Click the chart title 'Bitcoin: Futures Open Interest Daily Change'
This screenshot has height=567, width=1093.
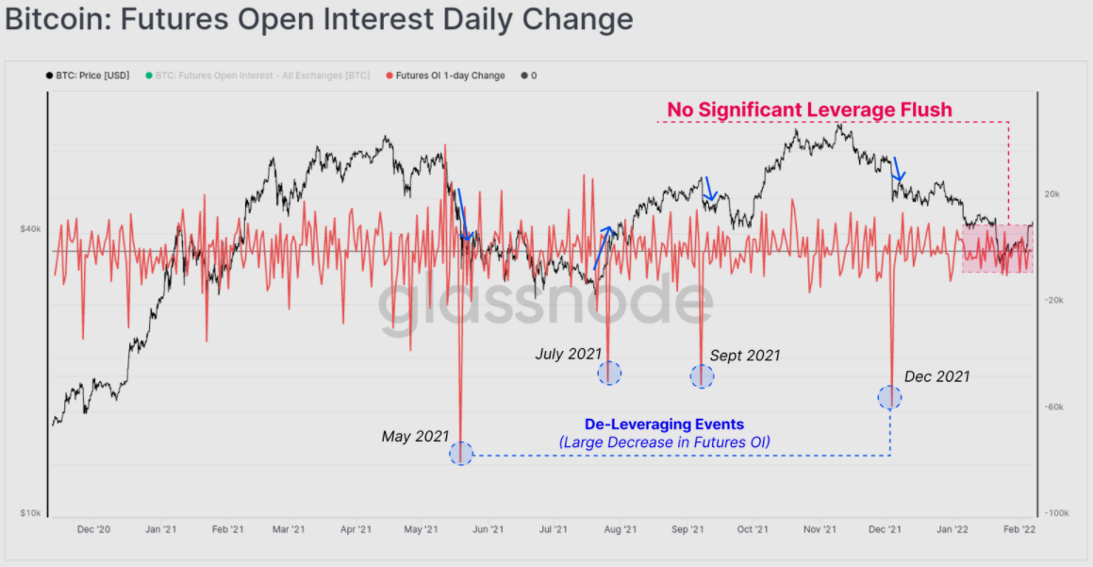[319, 19]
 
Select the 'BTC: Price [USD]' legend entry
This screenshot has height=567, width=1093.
[91, 75]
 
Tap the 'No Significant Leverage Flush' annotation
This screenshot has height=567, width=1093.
[809, 109]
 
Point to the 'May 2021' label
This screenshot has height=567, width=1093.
[415, 437]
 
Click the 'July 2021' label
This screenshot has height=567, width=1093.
[568, 354]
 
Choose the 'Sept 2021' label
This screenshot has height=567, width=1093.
[745, 356]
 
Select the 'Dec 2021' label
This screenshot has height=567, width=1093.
[936, 376]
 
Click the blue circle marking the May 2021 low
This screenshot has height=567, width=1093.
[460, 453]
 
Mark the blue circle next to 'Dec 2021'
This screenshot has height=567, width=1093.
[889, 396]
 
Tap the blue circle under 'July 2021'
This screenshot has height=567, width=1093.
[609, 373]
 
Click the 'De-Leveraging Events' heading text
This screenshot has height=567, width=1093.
[664, 425]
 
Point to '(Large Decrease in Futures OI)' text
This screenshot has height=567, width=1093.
[664, 442]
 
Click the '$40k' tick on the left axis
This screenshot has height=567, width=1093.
[30, 228]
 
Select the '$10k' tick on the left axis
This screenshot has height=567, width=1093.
[30, 513]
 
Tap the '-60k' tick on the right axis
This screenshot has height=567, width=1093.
[1052, 407]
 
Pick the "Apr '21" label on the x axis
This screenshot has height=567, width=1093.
[355, 530]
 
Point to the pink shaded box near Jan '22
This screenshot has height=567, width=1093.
[997, 249]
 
